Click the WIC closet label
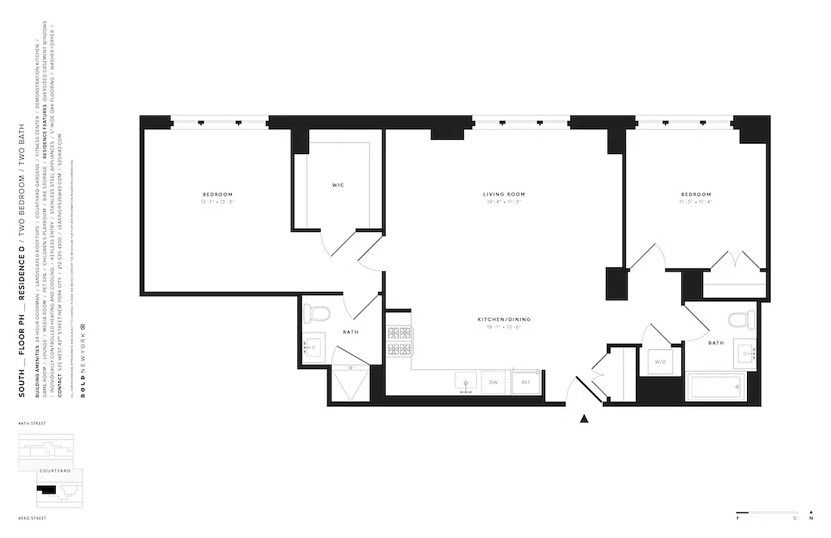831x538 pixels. [338, 185]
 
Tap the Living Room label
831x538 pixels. [506, 194]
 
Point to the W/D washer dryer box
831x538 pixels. [660, 362]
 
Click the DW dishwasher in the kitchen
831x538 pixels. [493, 382]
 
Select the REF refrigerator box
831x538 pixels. [525, 382]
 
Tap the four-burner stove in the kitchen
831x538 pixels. [399, 340]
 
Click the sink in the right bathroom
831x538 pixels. [746, 352]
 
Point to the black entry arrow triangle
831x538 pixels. [584, 419]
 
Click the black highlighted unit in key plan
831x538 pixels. [48, 492]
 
